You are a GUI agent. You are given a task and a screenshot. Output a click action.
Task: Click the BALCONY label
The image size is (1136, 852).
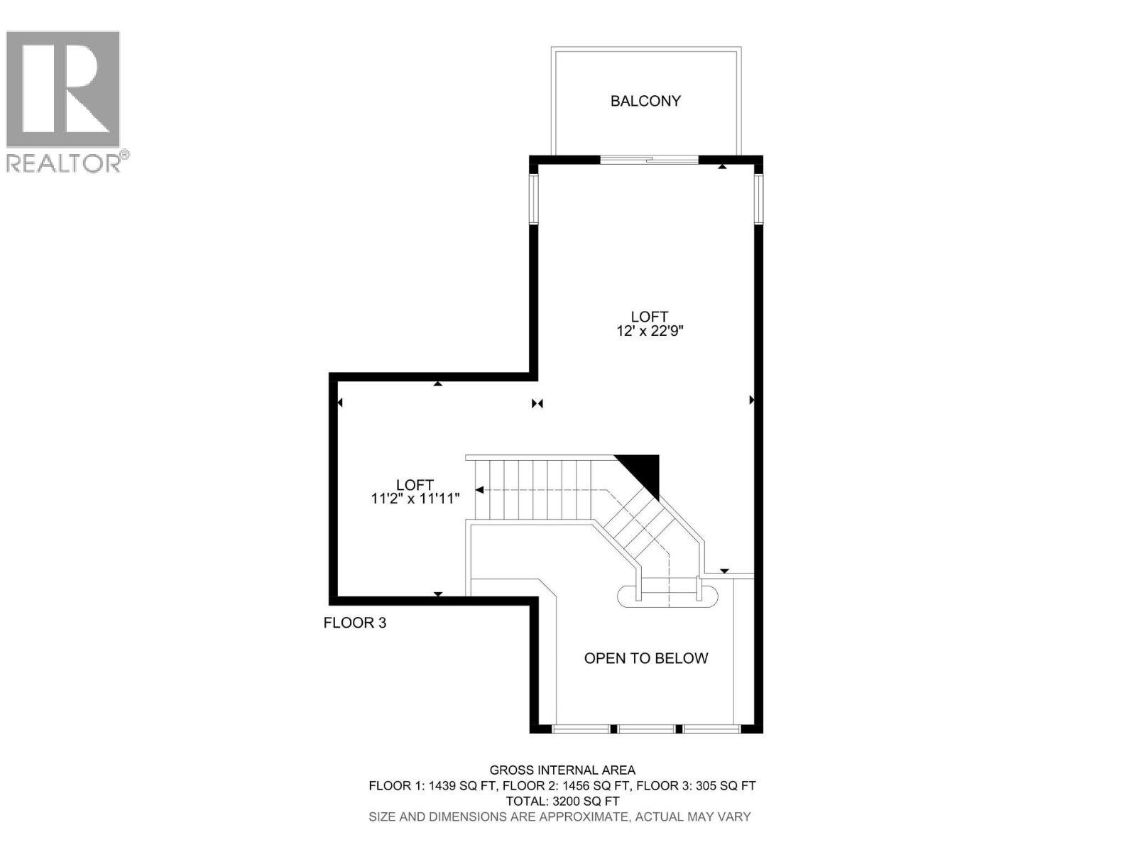pos(645,101)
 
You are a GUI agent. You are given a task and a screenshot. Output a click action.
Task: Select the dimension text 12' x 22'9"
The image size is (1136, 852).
pos(650,331)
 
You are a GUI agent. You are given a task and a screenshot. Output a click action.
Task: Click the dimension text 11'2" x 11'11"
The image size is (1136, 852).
pos(415,498)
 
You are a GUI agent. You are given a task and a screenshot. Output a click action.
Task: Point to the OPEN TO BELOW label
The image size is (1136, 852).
pos(646,658)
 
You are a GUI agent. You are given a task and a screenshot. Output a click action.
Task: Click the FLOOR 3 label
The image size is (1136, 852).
pos(355,623)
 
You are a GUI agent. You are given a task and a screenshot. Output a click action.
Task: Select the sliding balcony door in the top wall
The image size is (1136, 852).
pos(649,160)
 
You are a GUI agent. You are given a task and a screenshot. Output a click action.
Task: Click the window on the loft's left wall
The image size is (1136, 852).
pos(534,199)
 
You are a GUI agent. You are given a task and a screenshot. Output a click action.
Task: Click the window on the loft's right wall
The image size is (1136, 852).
pos(758,199)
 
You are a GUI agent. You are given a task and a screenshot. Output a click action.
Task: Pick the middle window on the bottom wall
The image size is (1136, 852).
pos(646,728)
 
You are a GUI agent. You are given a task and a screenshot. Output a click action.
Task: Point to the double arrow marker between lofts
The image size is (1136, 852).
pos(537,403)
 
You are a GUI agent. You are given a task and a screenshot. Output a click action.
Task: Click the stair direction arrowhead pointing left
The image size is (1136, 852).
pos(480,490)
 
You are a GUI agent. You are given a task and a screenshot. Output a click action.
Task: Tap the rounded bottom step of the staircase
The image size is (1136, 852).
pos(667,596)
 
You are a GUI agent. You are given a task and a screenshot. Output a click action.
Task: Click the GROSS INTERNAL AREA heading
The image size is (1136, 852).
pos(562,770)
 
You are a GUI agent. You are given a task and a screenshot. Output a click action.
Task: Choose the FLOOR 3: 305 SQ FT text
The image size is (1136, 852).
pos(696,785)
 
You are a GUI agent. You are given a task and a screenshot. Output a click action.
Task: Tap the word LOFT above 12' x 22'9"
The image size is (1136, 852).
pos(650,317)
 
